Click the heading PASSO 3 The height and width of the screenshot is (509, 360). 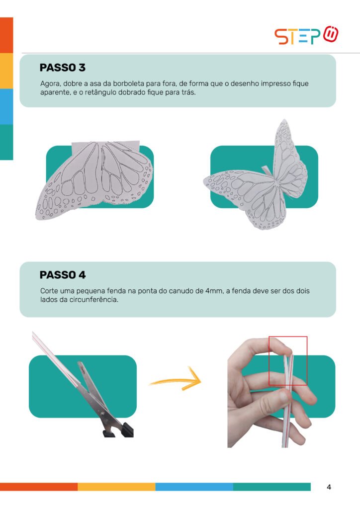point(62,68)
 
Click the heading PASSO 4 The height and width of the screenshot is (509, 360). point(63,275)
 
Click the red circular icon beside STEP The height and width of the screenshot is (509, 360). point(331,34)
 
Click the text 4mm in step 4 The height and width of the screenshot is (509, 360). point(214,291)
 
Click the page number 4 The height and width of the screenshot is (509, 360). point(329,487)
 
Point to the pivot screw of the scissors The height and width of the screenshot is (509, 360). point(103,414)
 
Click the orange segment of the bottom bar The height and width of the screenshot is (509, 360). point(39,487)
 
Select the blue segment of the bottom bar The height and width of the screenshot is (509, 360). point(194,487)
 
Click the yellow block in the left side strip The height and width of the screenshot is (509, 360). point(6,71)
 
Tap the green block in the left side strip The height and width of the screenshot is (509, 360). point(6,142)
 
